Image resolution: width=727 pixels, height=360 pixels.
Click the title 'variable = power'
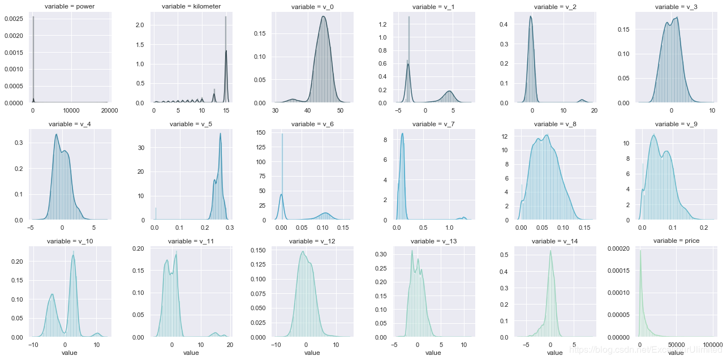click(x=70, y=7)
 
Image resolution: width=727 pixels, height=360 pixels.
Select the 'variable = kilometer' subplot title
click(x=191, y=7)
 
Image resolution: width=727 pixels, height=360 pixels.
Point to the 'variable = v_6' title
click(x=312, y=124)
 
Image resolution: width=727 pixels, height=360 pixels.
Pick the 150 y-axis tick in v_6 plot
click(x=261, y=132)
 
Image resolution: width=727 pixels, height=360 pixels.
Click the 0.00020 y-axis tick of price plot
click(x=621, y=249)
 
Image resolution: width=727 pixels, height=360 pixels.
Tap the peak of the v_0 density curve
click(x=323, y=16)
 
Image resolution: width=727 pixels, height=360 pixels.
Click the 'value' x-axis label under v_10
click(x=70, y=353)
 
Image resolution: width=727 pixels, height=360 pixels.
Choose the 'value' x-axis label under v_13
click(x=433, y=353)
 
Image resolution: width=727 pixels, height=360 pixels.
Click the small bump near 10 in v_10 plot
click(x=97, y=333)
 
